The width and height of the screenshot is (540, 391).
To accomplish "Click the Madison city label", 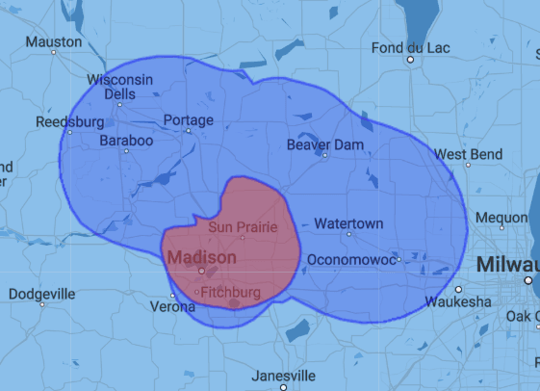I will [201, 258].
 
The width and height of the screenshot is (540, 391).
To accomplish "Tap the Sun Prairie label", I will [244, 227].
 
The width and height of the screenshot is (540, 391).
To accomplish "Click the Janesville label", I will [283, 375].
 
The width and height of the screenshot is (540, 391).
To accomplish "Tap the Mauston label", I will [54, 41].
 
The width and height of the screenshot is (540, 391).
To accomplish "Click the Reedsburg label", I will [69, 122].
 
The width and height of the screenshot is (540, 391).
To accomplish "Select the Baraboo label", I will [126, 141].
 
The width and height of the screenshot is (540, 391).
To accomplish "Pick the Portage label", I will [189, 120].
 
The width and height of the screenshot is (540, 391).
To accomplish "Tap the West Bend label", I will [468, 154].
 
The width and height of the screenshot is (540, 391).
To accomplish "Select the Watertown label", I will [348, 223].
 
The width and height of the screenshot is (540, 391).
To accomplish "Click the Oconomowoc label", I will [351, 259].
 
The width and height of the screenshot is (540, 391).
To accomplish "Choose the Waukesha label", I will [457, 301].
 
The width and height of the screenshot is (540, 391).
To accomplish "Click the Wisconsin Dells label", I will [119, 87].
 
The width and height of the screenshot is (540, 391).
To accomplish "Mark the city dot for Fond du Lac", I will [411, 60].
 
